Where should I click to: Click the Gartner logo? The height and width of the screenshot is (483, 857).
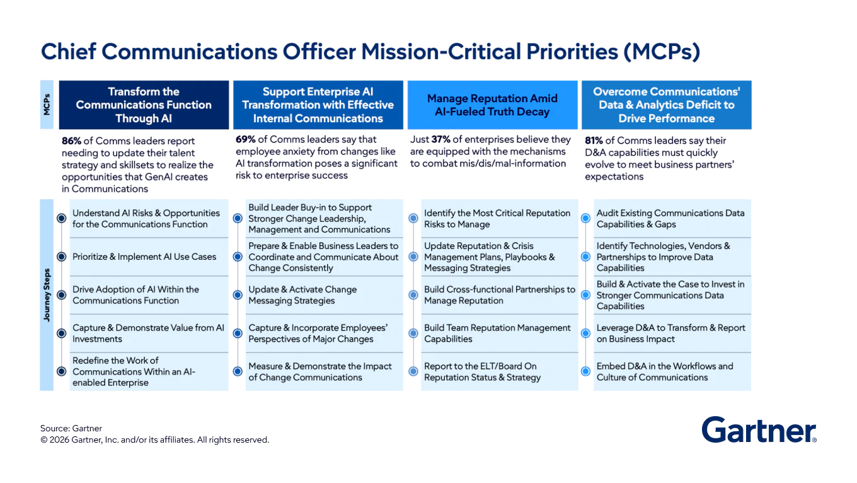coord(759,430)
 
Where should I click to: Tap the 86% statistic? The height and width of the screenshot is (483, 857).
coord(71,141)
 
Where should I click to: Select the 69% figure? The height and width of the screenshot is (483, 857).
coord(246,139)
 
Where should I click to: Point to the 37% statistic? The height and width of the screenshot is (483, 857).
coord(440,139)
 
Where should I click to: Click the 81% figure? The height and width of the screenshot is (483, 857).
coord(594,141)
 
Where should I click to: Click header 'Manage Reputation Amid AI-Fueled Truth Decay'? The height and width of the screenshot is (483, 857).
coord(492,105)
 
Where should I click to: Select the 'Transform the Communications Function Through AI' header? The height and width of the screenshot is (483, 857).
coord(144,105)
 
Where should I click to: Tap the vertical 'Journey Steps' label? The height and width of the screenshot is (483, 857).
coord(47,295)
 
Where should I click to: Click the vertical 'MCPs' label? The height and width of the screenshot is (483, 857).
coord(47,105)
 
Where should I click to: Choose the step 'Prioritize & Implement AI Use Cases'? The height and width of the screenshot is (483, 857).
coord(144,257)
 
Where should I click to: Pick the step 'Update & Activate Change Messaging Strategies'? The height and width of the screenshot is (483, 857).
coord(302,295)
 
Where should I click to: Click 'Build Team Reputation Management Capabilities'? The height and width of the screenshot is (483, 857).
coord(497,334)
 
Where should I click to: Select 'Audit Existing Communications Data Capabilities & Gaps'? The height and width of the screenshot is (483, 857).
coord(670,219)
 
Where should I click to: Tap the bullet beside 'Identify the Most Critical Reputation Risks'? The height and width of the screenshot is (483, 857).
coord(413,218)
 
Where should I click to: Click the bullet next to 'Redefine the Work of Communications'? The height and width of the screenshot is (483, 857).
coord(61,371)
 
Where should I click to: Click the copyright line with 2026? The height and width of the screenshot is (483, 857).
coord(154,440)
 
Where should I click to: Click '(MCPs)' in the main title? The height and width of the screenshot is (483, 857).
coord(662,52)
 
